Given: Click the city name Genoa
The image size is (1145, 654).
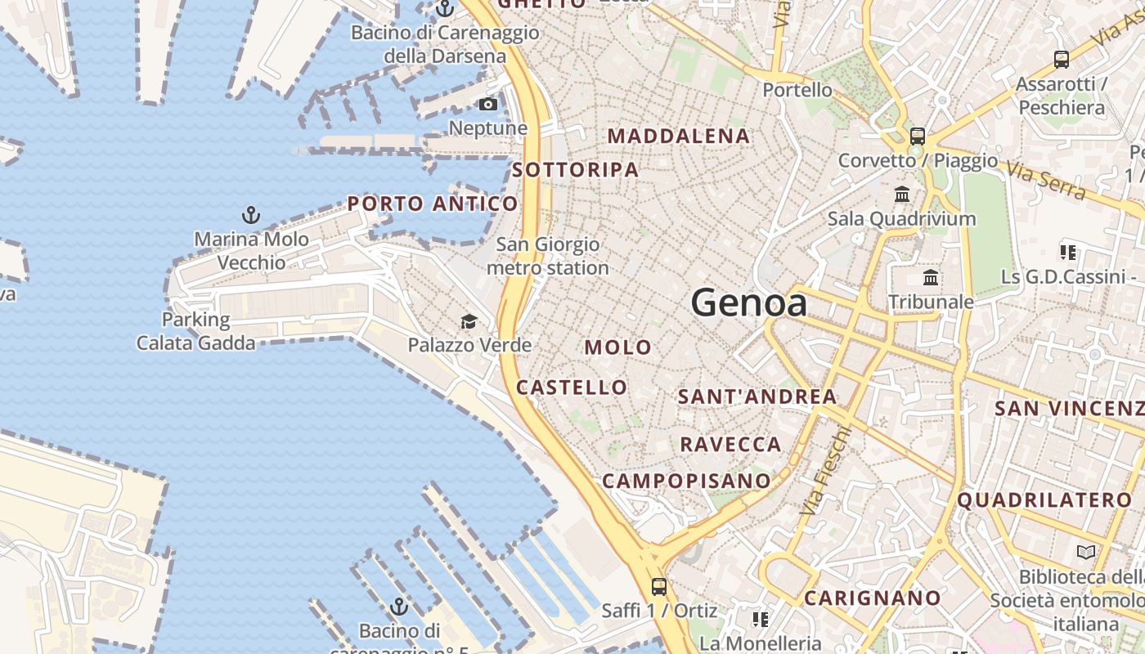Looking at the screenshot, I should tap(749, 303).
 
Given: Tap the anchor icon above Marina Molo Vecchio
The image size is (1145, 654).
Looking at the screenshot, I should tap(251, 215).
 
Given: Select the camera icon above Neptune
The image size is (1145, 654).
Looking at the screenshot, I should tap(487, 104).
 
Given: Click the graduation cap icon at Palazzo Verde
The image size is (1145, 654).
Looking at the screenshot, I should tap(469, 321).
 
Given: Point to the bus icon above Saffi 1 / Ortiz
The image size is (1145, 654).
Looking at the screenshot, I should tap(658, 586).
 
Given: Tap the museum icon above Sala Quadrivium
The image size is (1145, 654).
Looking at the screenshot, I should tap(902, 195).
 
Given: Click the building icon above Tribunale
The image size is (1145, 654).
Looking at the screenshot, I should tap(931, 277).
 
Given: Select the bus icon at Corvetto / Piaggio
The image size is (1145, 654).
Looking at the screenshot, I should tap(918, 137).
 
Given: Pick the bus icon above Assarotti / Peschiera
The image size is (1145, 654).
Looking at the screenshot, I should tap(1062, 59).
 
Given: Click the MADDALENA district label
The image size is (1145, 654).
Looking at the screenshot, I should tap(680, 137).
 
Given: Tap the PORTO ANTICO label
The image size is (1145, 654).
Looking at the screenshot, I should tap(433, 204).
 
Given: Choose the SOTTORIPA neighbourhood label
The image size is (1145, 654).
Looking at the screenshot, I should tap(576, 170).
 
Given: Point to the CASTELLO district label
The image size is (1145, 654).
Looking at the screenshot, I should tap(572, 387).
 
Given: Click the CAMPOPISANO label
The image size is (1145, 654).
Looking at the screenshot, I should tap(686, 481).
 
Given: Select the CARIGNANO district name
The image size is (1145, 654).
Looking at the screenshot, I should tap(873, 598).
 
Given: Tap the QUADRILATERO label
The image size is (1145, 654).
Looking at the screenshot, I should tap(1045, 499).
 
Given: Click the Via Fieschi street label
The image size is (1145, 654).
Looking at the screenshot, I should tap(826, 469).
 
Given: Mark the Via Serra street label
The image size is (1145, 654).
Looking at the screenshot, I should tap(1046, 181).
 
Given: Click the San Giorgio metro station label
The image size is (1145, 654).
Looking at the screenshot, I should tap(548, 256).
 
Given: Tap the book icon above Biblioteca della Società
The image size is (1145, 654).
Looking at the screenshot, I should tap(1085, 552).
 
